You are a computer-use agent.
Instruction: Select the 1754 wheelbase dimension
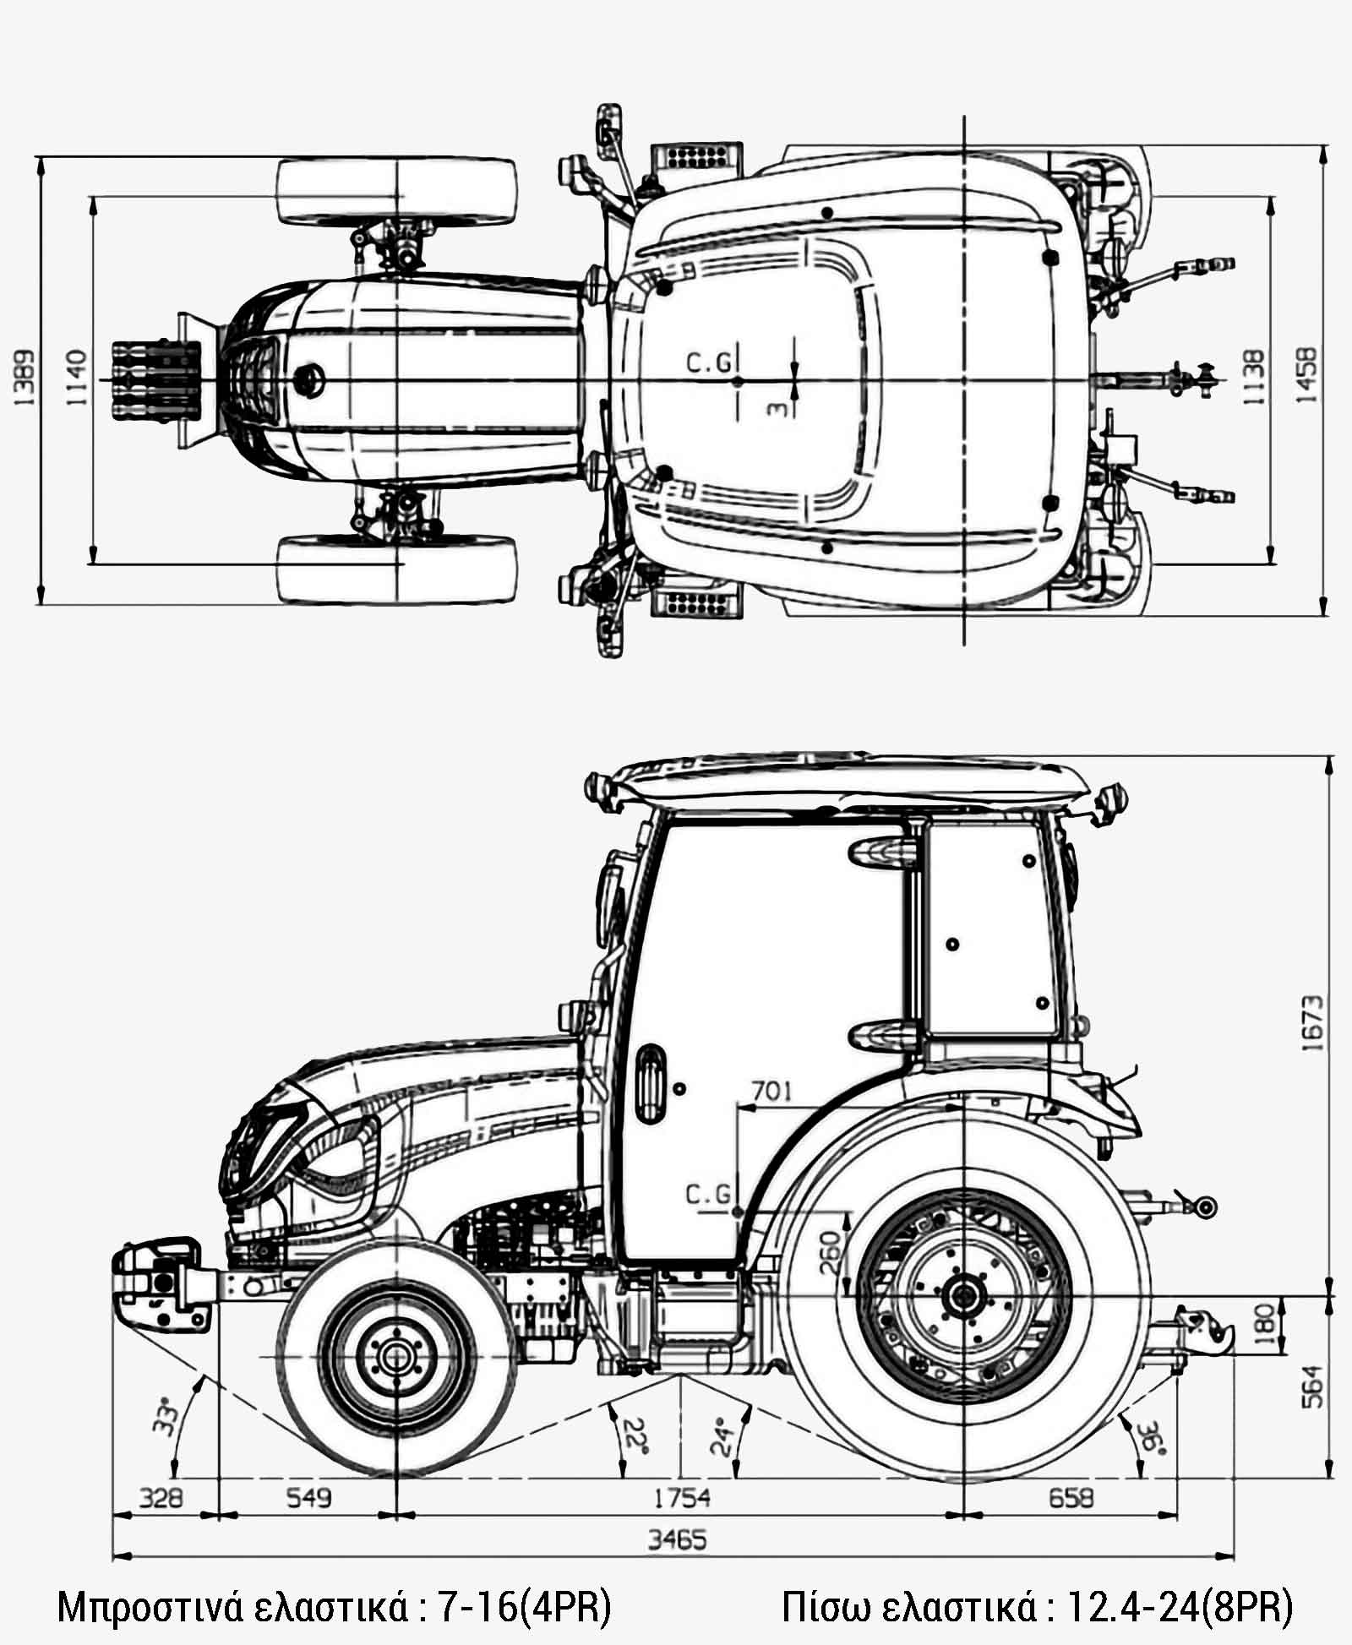coord(681,1497)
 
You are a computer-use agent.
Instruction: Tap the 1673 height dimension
coord(1312,1022)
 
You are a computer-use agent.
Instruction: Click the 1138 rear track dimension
coord(1254,376)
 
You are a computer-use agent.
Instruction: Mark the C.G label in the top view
coord(708,363)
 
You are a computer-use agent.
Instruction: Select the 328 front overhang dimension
coord(160,1498)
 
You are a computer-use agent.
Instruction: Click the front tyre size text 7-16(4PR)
coord(525,1606)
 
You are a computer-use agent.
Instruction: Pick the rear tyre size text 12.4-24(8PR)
coord(1180,1606)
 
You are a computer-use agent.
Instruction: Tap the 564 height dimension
coord(1312,1386)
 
